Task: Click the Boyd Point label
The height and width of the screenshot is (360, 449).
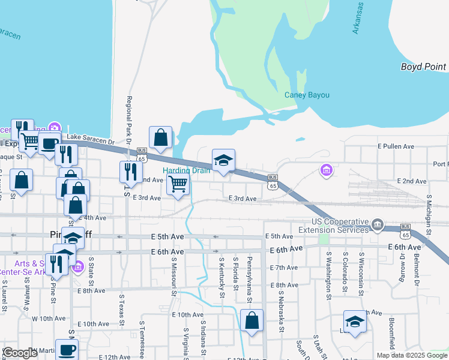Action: tap(423, 67)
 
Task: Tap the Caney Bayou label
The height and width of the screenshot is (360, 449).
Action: tap(304, 95)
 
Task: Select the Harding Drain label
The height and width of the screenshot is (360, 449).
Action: tap(187, 170)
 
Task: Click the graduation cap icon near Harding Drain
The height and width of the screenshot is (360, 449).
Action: tap(223, 160)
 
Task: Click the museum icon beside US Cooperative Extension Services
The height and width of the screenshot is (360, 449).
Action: tap(377, 226)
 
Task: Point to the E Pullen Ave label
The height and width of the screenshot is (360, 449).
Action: tap(396, 146)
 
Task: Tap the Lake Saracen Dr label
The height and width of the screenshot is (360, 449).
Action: tap(90, 139)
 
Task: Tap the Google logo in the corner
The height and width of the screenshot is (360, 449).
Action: tap(20, 353)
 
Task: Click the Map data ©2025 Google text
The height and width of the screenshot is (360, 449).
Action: tap(411, 355)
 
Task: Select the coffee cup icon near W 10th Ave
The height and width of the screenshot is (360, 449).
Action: tap(67, 350)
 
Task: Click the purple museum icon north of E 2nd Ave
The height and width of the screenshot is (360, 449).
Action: tap(326, 171)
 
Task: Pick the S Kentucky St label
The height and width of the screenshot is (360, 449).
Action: tap(221, 277)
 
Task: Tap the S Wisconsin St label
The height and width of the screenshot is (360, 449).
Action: tap(361, 274)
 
